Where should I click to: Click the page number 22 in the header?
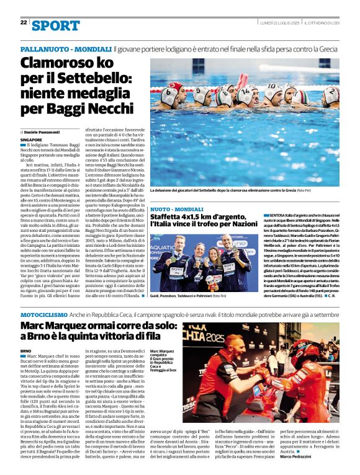(x=24, y=23)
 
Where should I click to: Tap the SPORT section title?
(x=56, y=25)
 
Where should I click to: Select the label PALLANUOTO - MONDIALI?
(x=66, y=48)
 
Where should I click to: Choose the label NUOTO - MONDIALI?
(x=176, y=210)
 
